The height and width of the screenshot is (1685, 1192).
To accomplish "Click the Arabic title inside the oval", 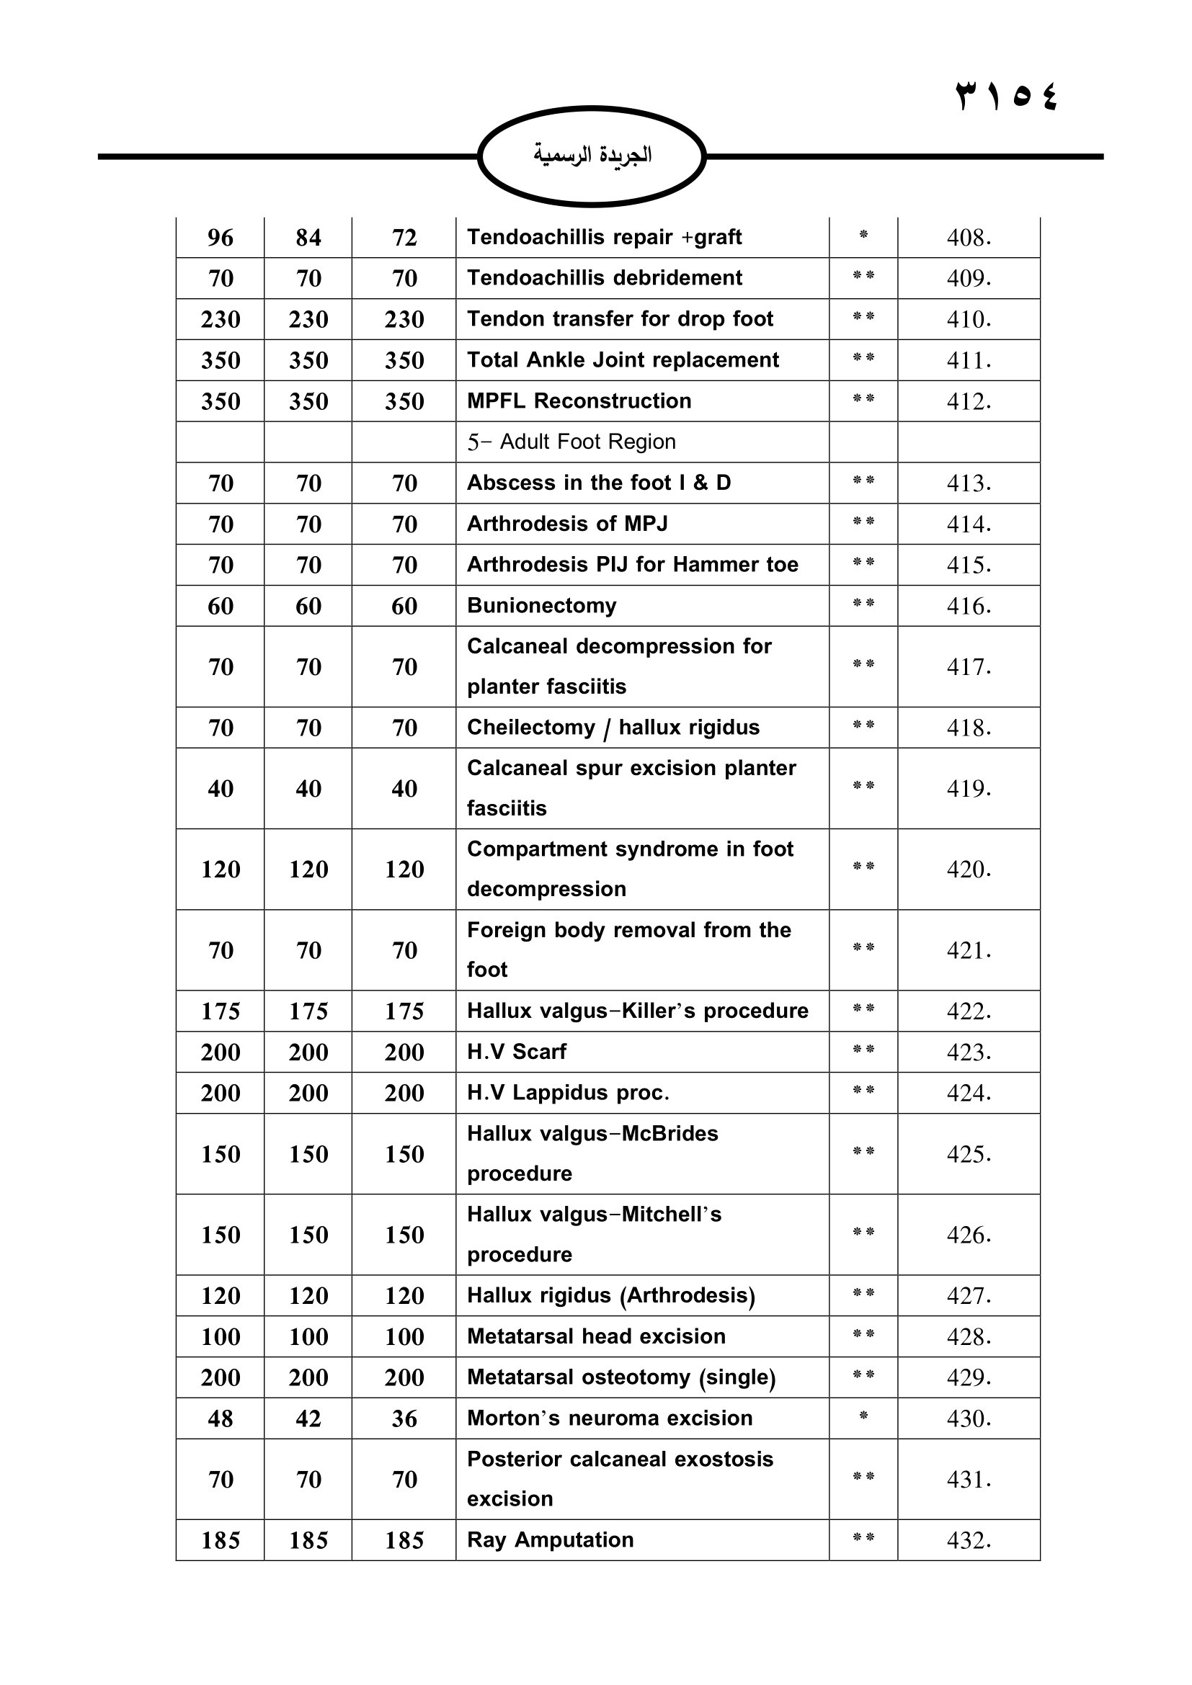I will coord(592,155).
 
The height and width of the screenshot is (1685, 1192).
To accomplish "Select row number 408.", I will coord(968,238).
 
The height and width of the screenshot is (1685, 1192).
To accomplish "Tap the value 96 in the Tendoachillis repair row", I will coord(221,238).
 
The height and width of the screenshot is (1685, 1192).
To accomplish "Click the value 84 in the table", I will coord(308,238).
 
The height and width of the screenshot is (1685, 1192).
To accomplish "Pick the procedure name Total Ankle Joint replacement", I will coord(623,359).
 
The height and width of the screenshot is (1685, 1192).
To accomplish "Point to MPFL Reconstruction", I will coord(579,401).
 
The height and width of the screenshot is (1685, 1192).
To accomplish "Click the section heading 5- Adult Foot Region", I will coord(571,442).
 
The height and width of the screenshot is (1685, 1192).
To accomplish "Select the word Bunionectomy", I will coord(542,605).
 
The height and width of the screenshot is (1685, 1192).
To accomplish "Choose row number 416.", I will coord(968,606).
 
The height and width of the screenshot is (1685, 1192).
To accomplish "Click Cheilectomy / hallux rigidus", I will coord(613,728).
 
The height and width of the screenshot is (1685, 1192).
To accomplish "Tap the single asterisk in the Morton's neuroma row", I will coord(863,1416).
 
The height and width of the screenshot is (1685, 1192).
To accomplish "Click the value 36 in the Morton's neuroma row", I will coord(404,1418).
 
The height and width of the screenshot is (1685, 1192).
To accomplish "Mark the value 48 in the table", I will coord(221,1418).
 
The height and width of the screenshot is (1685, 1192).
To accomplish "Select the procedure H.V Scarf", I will coord(517,1052).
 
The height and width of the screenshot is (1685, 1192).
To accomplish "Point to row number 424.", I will coord(968,1094).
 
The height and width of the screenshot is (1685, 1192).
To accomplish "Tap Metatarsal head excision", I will coord(596,1336).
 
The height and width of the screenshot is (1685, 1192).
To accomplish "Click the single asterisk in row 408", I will coord(863,235).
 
